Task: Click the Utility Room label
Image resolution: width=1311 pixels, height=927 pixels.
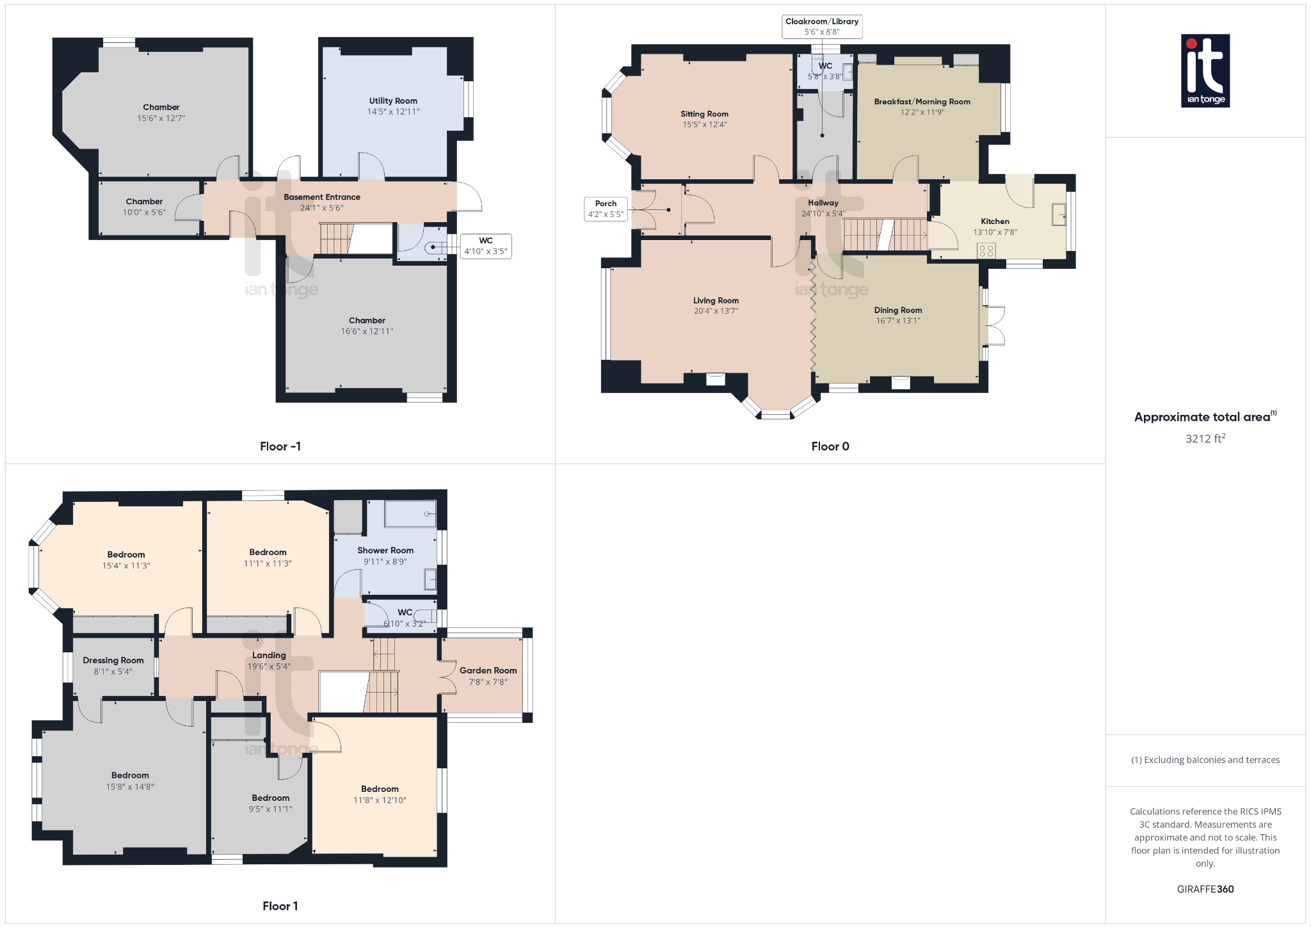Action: point(393,101)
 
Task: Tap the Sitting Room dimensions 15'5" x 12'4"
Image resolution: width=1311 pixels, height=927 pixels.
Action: point(704,125)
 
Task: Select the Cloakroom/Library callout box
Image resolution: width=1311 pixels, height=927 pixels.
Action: point(822,26)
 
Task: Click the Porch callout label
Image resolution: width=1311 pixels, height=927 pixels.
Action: point(606,209)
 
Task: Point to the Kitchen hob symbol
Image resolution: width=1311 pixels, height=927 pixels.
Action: point(986,250)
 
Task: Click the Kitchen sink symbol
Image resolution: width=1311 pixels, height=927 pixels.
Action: point(1059,214)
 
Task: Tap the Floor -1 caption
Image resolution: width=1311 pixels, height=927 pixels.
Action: point(280,447)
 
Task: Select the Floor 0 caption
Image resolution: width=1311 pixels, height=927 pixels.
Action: point(830,447)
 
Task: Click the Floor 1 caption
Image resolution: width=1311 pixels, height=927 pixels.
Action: point(280,906)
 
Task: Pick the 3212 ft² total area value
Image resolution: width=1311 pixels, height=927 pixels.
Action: point(1205,439)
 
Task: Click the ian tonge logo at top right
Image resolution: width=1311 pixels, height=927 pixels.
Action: point(1205,70)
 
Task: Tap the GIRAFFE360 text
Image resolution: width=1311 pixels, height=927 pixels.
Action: point(1205,889)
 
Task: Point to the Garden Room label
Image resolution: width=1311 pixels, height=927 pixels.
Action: point(488,671)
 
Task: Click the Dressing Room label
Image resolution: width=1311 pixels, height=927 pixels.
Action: point(113,661)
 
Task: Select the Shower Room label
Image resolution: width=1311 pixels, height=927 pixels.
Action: point(385,551)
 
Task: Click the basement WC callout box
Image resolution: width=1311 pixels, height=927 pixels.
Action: point(486,246)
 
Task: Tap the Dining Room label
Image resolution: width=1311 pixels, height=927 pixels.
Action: point(898,310)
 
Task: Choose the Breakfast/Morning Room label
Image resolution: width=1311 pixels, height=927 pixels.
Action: point(922,102)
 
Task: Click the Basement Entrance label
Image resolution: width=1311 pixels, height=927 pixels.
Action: point(322,197)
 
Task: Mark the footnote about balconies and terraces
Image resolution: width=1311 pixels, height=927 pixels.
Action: point(1205,760)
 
